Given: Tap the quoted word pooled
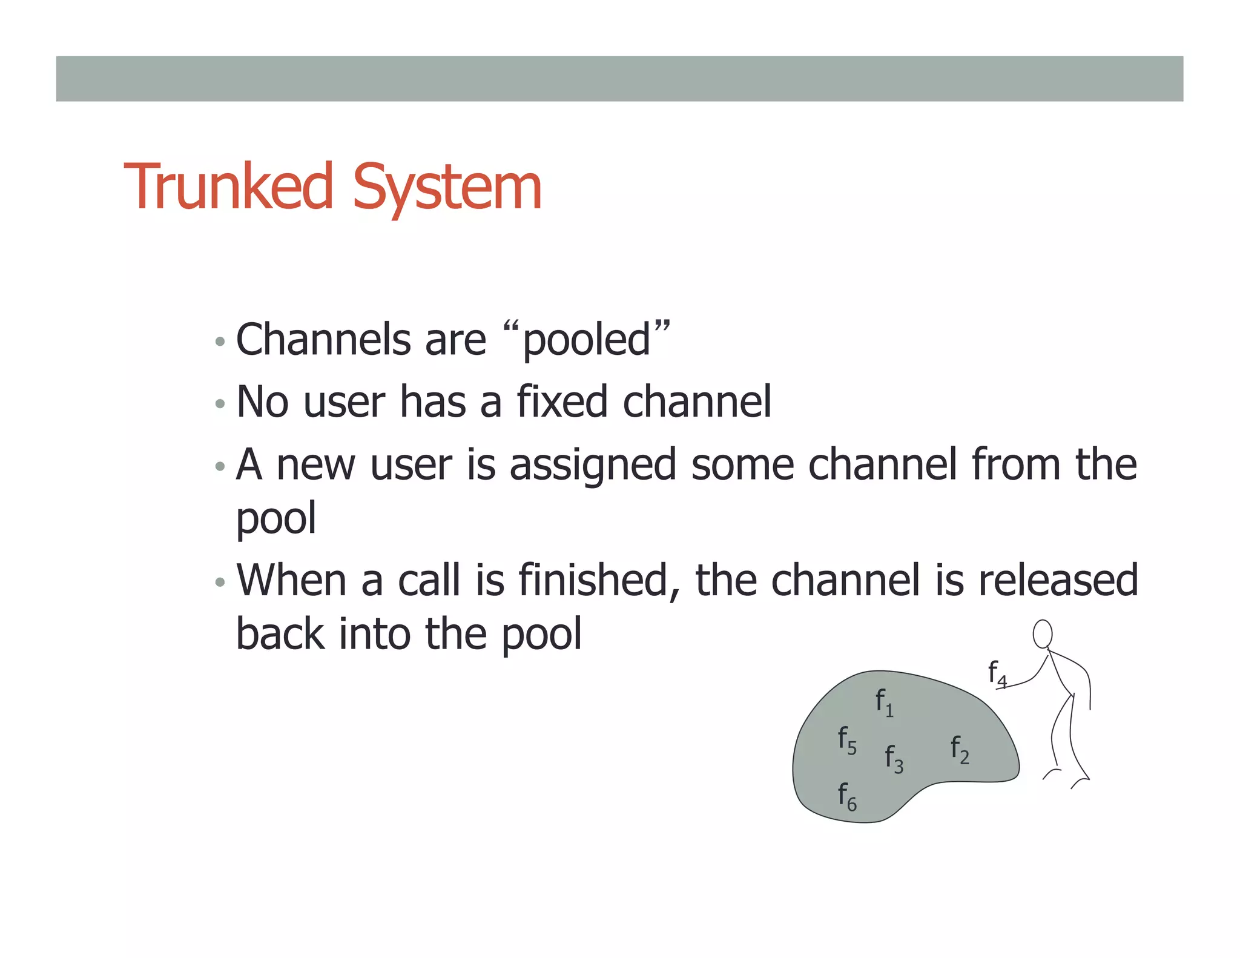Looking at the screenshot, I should coord(586,340).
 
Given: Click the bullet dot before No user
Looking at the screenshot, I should coord(220,403).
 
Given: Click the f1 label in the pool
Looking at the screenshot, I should coord(884,702).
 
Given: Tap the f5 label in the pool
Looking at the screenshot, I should coord(846,740).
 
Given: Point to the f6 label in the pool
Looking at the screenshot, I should coord(846,796).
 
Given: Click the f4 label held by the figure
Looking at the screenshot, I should coord(997,673).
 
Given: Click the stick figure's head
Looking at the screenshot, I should coord(1042,634).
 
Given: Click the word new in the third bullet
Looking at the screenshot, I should coord(315,465).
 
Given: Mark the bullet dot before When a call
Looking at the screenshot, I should coord(220,583).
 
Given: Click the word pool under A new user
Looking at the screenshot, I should coord(275,518).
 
